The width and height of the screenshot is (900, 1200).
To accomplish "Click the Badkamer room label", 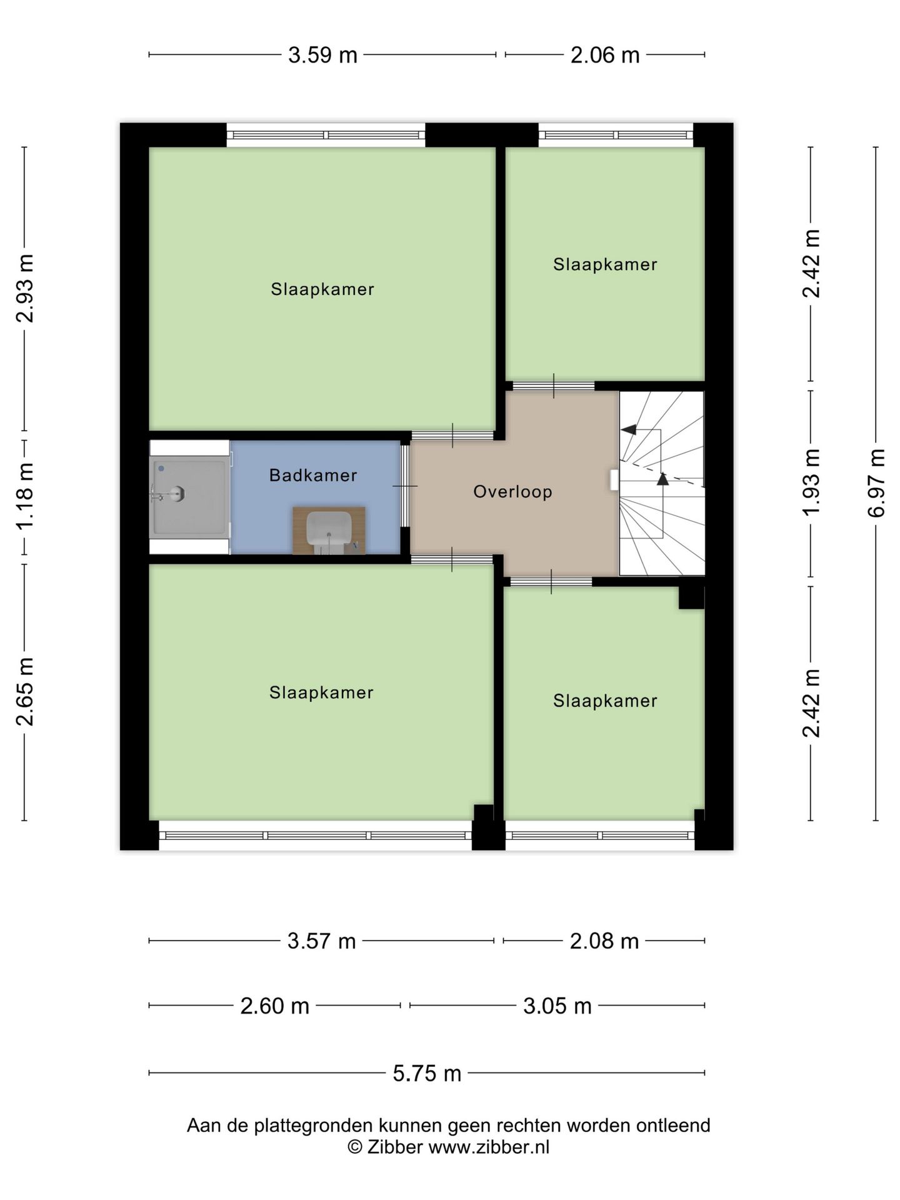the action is pos(313,475).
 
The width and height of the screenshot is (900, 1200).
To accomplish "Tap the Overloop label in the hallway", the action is pos(512,492).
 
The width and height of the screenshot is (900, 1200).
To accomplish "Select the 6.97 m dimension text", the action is pos(876,482).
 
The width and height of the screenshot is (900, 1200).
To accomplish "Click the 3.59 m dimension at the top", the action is pos(322,55).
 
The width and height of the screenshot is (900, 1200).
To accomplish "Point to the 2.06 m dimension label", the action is pos(605,55).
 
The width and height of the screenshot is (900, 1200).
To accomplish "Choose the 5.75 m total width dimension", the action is pos(427,1073).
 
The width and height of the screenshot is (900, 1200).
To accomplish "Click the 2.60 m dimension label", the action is pos(275,1006).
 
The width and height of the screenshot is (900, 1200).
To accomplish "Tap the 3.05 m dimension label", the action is pos(557,1006).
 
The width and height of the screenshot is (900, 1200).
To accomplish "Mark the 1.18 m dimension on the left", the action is pos(25,497).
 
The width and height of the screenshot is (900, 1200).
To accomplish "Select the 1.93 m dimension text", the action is pos(811,482).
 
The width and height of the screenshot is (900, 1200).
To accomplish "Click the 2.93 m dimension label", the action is pos(25,288).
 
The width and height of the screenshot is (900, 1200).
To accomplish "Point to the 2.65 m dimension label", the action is pos(25,692).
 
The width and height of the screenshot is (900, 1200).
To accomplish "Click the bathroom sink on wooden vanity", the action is pos(329,531).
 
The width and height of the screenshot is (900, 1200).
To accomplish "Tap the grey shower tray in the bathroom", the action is pos(190,497).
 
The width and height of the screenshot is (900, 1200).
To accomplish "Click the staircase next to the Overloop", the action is pos(662,483).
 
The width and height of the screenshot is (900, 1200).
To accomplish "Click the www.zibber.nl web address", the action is pos(489,1147).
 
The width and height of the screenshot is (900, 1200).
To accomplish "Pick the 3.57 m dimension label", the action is pos(321,941).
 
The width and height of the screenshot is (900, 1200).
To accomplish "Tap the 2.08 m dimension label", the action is pos(604,941).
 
